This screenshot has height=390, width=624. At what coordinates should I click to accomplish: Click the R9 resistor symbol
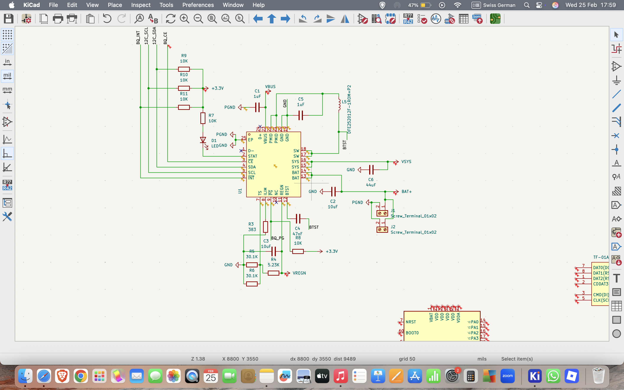point(184,69)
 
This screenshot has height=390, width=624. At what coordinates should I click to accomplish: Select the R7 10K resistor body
point(203,118)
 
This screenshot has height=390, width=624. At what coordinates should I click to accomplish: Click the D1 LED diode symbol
point(203,140)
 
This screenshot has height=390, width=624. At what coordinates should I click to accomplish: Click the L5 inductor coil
point(339,105)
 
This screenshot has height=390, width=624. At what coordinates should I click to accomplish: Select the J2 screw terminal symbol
point(382,229)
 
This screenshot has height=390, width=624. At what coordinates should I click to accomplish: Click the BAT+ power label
point(406,192)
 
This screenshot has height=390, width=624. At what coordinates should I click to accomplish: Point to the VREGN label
point(299,273)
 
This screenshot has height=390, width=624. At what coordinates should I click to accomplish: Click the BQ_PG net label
point(278,238)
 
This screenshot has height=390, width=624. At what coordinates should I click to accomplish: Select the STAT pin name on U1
point(252,156)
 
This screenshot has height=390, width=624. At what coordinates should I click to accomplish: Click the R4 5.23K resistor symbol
point(273,273)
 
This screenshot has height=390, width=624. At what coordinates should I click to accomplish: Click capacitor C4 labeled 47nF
point(298,218)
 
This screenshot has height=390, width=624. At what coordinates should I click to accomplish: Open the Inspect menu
point(141,5)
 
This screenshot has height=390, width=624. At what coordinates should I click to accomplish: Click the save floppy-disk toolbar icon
point(8,19)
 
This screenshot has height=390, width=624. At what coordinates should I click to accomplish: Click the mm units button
point(7,90)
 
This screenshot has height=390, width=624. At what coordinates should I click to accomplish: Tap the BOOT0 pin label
point(412,333)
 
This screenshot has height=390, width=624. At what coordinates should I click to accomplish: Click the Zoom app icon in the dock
point(507,376)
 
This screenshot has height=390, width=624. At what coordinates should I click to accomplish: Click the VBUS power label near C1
point(270,87)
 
